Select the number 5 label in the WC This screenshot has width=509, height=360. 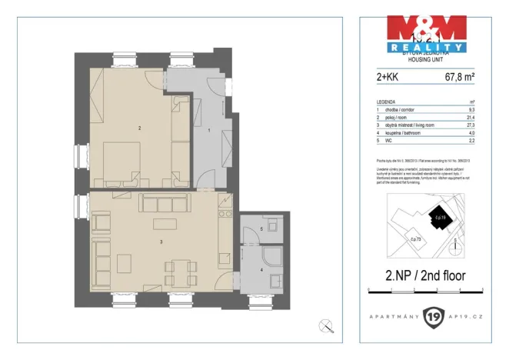tap(261, 229)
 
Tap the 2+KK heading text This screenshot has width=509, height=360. tap(387, 77)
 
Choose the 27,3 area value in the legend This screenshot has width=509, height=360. tap(471, 124)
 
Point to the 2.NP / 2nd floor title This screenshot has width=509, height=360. tap(424, 275)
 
